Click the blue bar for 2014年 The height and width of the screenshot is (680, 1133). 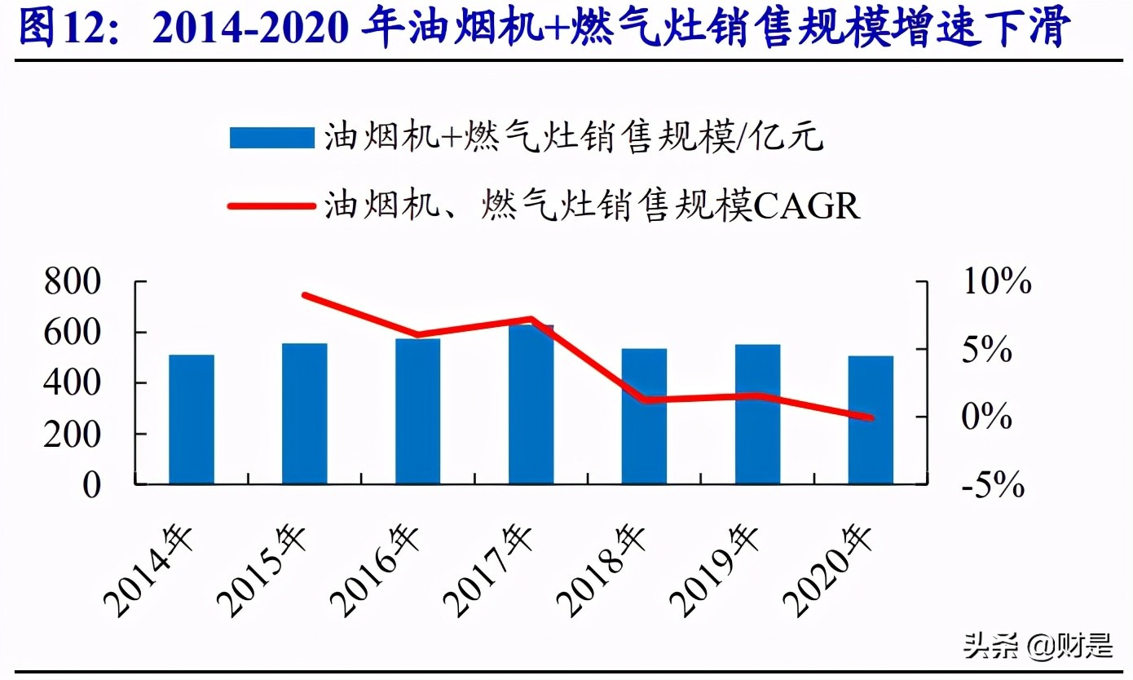coord(192,419)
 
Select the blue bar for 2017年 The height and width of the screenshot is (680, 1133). coord(531,404)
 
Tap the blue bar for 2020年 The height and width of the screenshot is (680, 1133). coord(871,420)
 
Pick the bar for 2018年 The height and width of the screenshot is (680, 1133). coord(644,416)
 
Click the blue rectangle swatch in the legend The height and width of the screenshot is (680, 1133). coord(271,138)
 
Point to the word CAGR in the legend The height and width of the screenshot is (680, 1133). coord(807,206)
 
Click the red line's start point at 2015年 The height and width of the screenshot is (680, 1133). coord(305,295)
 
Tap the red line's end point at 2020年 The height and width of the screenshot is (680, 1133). coord(870,417)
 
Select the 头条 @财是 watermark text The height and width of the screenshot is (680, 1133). coord(1037,647)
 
